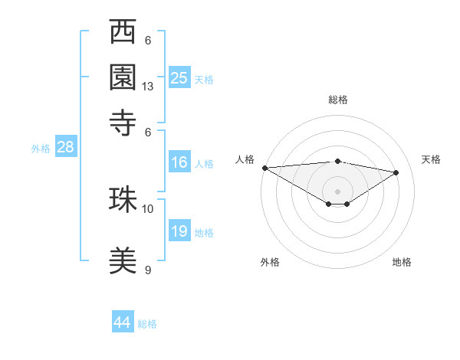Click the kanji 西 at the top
tap(123, 34)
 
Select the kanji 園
tap(123, 77)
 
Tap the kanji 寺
tap(123, 120)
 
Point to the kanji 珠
tap(123, 199)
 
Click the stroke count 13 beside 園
tap(148, 87)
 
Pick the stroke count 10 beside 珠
tap(148, 208)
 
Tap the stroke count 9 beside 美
tap(148, 270)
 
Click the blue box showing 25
tap(179, 77)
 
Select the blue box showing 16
tap(179, 162)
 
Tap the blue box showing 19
tap(179, 231)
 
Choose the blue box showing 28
tap(65, 147)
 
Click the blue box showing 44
tap(123, 322)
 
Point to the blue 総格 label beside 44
tap(147, 324)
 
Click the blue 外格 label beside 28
tap(40, 149)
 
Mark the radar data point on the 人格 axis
tap(264, 168)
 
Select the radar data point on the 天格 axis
tap(396, 172)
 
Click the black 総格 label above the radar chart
tap(338, 100)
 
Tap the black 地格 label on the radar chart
tap(402, 262)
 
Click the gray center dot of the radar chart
tap(338, 191)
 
